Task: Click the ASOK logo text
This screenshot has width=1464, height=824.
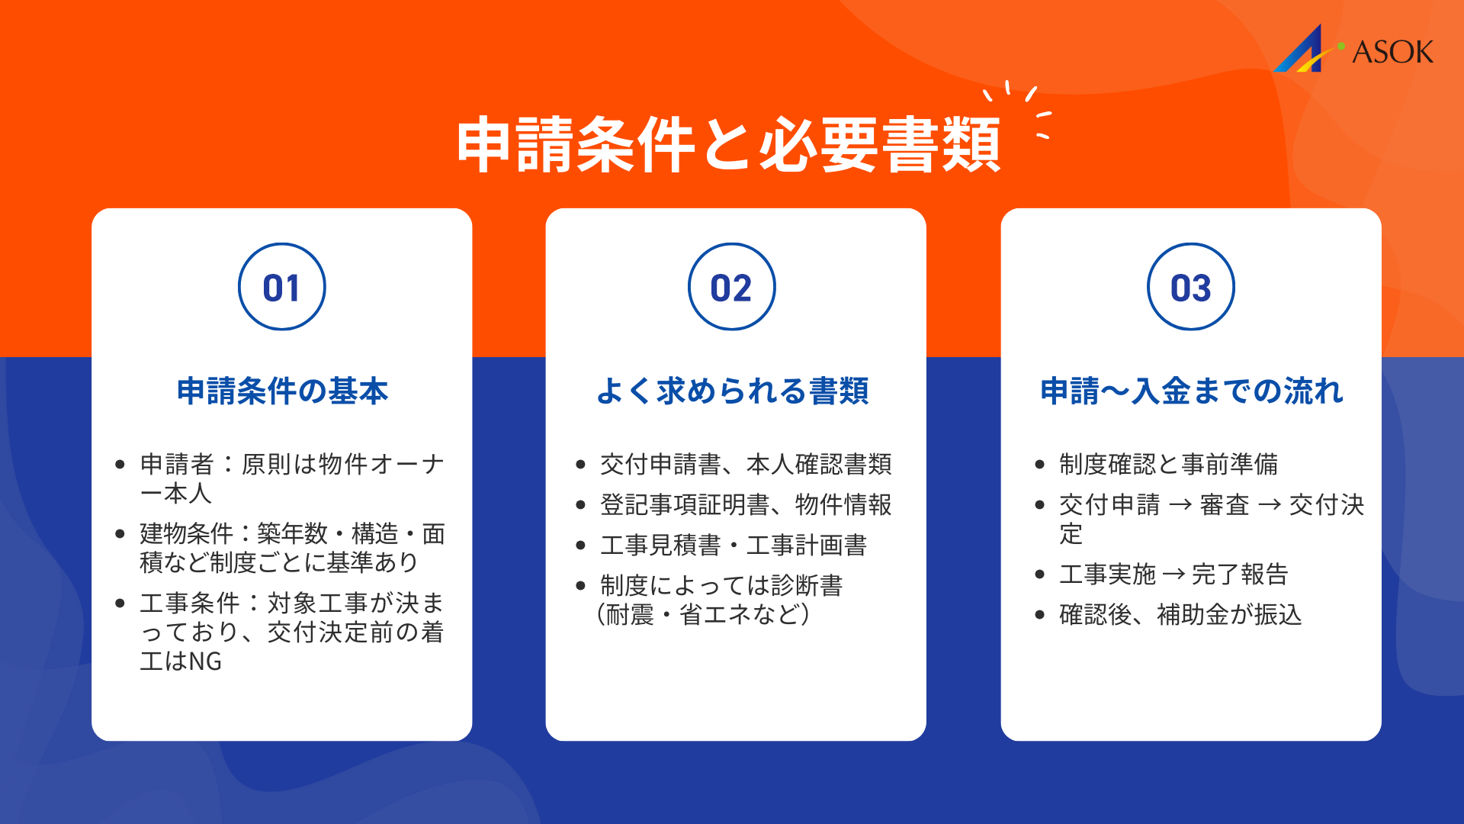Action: [1392, 52]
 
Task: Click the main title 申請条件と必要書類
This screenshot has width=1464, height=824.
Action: [728, 145]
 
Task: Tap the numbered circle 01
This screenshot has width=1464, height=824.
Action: [281, 287]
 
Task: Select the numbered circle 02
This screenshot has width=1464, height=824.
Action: [731, 287]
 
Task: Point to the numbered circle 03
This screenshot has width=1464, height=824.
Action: [1190, 287]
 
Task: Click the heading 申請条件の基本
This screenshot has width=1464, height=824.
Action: [282, 391]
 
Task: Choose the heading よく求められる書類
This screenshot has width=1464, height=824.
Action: [732, 391]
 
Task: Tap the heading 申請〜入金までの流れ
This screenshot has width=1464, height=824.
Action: [1191, 391]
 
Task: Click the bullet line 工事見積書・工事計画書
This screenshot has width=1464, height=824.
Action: [733, 545]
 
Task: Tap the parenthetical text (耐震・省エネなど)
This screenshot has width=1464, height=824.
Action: [703, 614]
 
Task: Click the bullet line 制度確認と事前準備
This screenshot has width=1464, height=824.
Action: [1168, 464]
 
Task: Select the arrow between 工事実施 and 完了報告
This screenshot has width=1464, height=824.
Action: [1174, 574]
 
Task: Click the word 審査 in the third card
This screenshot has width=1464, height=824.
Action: [1225, 504]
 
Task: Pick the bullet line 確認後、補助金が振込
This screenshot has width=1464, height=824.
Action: [1180, 614]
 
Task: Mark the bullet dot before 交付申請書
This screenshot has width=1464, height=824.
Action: [580, 465]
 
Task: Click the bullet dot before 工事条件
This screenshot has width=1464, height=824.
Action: [120, 604]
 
